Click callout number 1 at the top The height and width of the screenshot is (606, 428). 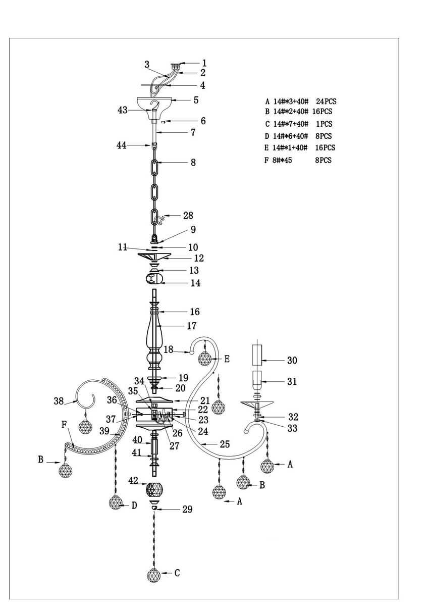coord(204,64)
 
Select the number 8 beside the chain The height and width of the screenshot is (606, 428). coord(193,163)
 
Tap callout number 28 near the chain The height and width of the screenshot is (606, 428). coord(188,216)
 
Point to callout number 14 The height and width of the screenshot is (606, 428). coord(195,283)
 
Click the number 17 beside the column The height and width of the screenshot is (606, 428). coord(191,326)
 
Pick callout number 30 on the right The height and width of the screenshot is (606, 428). coord(292,361)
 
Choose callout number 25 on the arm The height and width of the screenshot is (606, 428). coord(225,444)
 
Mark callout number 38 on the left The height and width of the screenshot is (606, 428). coord(59,401)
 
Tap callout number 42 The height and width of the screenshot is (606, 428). coord(133,480)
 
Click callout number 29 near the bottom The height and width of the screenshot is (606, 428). coord(187,510)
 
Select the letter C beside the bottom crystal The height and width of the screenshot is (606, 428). coord(177,573)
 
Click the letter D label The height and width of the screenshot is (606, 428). coord(134,506)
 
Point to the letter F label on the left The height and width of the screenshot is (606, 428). coord(64,425)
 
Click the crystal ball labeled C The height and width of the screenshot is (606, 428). coord(154,575)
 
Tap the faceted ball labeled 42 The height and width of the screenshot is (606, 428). coord(155,490)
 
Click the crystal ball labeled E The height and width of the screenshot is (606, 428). coord(204,359)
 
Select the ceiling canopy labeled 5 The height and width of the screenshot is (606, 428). coord(155,103)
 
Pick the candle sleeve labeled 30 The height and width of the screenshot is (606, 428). coord(257,353)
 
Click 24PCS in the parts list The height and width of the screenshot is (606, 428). coord(326,102)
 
